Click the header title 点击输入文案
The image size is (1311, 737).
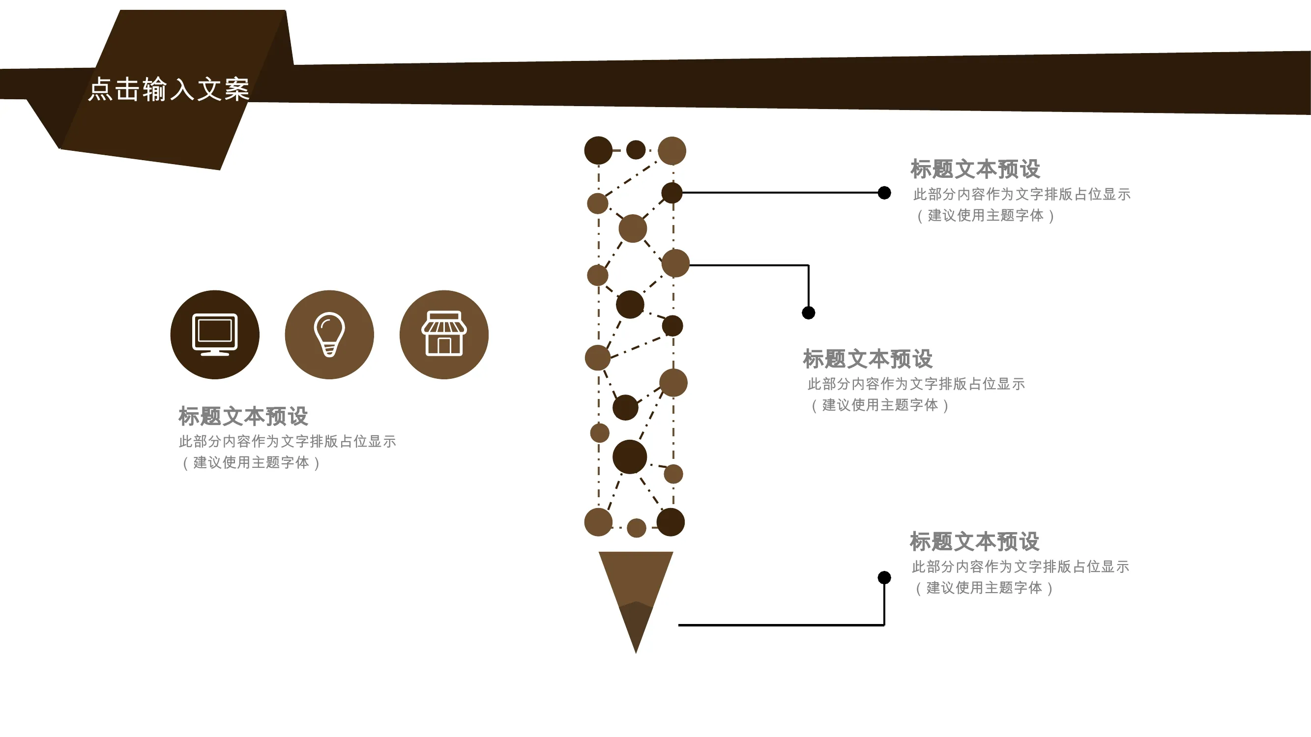coord(169,89)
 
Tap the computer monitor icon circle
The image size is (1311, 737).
coord(215,335)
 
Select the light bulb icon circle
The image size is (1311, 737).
coord(329,335)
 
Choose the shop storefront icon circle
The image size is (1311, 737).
coord(444,335)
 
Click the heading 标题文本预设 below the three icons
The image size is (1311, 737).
coord(243,416)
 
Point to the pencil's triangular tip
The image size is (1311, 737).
coord(636,652)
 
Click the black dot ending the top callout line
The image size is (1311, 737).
coord(884,193)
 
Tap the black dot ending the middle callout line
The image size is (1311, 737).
coord(809,313)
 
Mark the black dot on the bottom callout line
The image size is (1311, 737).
coord(884,577)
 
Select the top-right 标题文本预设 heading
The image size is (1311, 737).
coord(975,169)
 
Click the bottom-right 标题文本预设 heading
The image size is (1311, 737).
coord(975,541)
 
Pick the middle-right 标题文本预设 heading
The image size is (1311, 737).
coord(868,359)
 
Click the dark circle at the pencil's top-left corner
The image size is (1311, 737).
coord(599,150)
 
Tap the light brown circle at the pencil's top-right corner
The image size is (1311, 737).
coord(672,150)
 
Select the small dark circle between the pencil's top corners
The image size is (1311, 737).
coord(636,150)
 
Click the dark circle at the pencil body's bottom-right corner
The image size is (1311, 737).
coord(671,522)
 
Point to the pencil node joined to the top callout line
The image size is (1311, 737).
coord(672,193)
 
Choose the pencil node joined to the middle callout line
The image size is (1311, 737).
coord(675,263)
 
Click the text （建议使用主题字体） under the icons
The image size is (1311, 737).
coord(251,462)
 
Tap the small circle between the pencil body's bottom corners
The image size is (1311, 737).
coord(636,528)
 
